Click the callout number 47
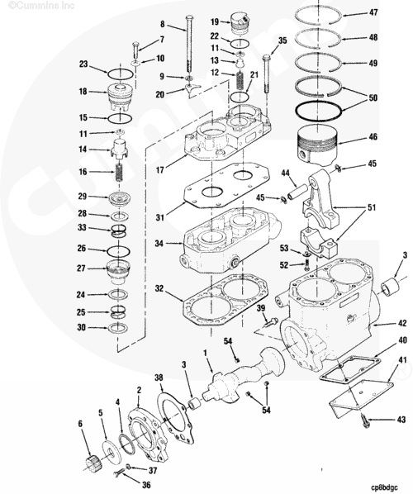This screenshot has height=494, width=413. (x=374, y=13)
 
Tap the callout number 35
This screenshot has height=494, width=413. (x=282, y=40)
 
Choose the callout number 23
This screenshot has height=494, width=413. (x=84, y=64)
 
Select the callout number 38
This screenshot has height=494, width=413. (x=159, y=377)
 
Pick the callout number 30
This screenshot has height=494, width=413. (x=82, y=327)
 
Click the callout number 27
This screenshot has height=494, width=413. (x=82, y=268)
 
